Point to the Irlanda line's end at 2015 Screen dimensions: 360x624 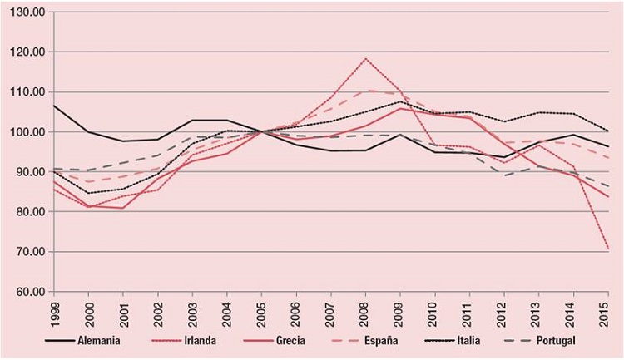click(x=608, y=249)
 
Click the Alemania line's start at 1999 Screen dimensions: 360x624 click(x=53, y=106)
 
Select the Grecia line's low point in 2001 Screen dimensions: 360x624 click(x=123, y=208)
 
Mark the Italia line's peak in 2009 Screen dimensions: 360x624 click(x=401, y=102)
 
